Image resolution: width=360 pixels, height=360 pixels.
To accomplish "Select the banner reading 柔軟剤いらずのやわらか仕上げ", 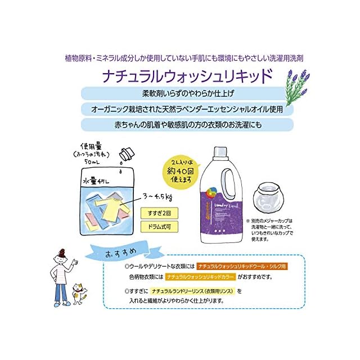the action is [187, 93].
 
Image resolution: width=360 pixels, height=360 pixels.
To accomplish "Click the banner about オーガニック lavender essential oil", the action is [187, 109].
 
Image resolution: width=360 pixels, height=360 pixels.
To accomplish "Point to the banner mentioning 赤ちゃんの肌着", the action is [187, 124].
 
